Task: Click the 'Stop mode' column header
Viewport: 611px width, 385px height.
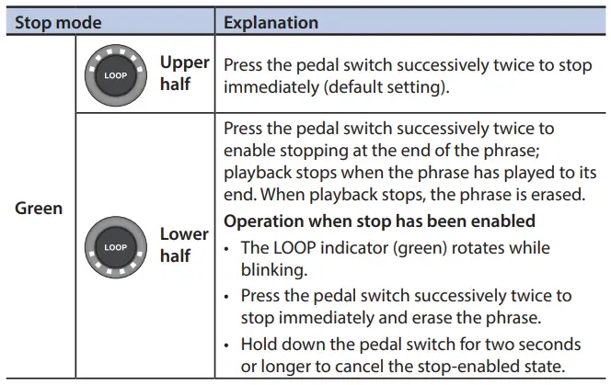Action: (x=58, y=22)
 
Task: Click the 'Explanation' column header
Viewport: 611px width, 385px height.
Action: (x=271, y=22)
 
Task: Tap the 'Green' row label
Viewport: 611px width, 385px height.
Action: (x=39, y=208)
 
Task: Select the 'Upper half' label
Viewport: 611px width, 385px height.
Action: (x=184, y=74)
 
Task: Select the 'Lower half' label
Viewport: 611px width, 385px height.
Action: (x=184, y=245)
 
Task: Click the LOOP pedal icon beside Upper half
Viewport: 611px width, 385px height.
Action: (x=115, y=74)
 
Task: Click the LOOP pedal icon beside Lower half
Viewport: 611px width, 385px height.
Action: (x=115, y=246)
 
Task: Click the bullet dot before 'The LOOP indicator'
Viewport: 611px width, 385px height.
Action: (x=229, y=248)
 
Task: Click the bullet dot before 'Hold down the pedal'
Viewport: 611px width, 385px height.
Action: (x=229, y=344)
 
